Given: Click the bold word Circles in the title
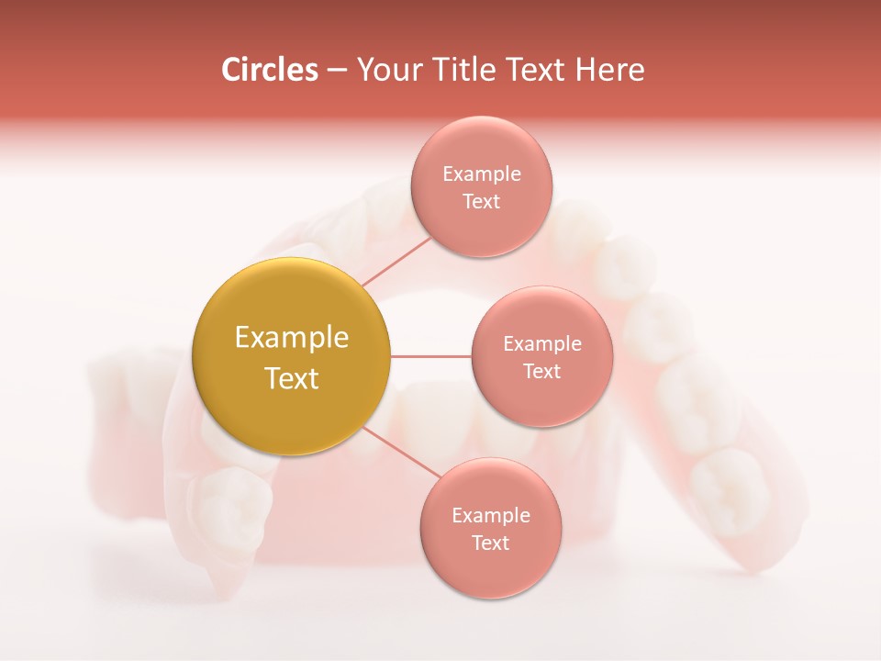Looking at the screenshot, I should [x=269, y=70].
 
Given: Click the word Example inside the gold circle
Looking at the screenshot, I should [x=291, y=338].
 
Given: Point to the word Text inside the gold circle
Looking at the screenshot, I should [x=291, y=378].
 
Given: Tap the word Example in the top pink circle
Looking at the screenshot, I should [x=481, y=174].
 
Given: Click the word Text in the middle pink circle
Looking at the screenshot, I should [x=541, y=372].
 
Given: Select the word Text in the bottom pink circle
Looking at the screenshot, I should [x=490, y=543].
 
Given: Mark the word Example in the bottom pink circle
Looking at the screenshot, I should [x=490, y=516].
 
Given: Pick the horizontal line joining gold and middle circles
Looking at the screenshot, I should [x=430, y=356].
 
